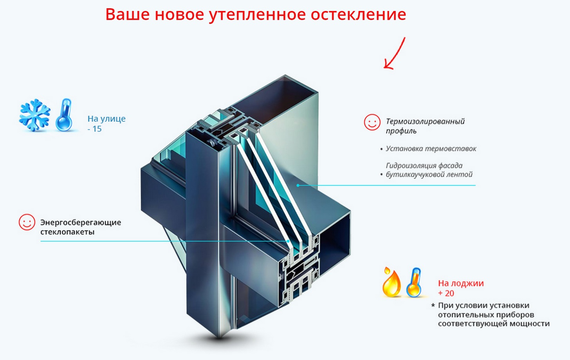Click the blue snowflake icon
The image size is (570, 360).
click(x=35, y=115)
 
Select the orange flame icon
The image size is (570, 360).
click(x=391, y=282)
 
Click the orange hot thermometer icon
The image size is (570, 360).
click(x=414, y=282)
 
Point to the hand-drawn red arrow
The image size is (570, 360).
click(x=394, y=54)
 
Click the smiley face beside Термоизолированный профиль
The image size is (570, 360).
click(x=372, y=122)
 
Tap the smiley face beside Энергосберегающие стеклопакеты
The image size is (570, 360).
click(x=27, y=222)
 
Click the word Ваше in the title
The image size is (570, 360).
click(x=128, y=14)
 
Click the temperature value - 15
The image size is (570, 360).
click(x=95, y=129)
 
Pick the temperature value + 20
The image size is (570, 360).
click(x=446, y=293)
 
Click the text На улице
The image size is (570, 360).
click(x=106, y=119)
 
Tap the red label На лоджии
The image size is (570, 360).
click(x=461, y=283)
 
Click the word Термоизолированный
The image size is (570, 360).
click(x=425, y=121)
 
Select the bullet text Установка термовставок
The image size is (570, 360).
click(x=431, y=149)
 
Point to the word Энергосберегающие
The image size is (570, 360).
click(x=81, y=223)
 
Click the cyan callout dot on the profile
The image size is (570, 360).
click(x=298, y=185)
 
